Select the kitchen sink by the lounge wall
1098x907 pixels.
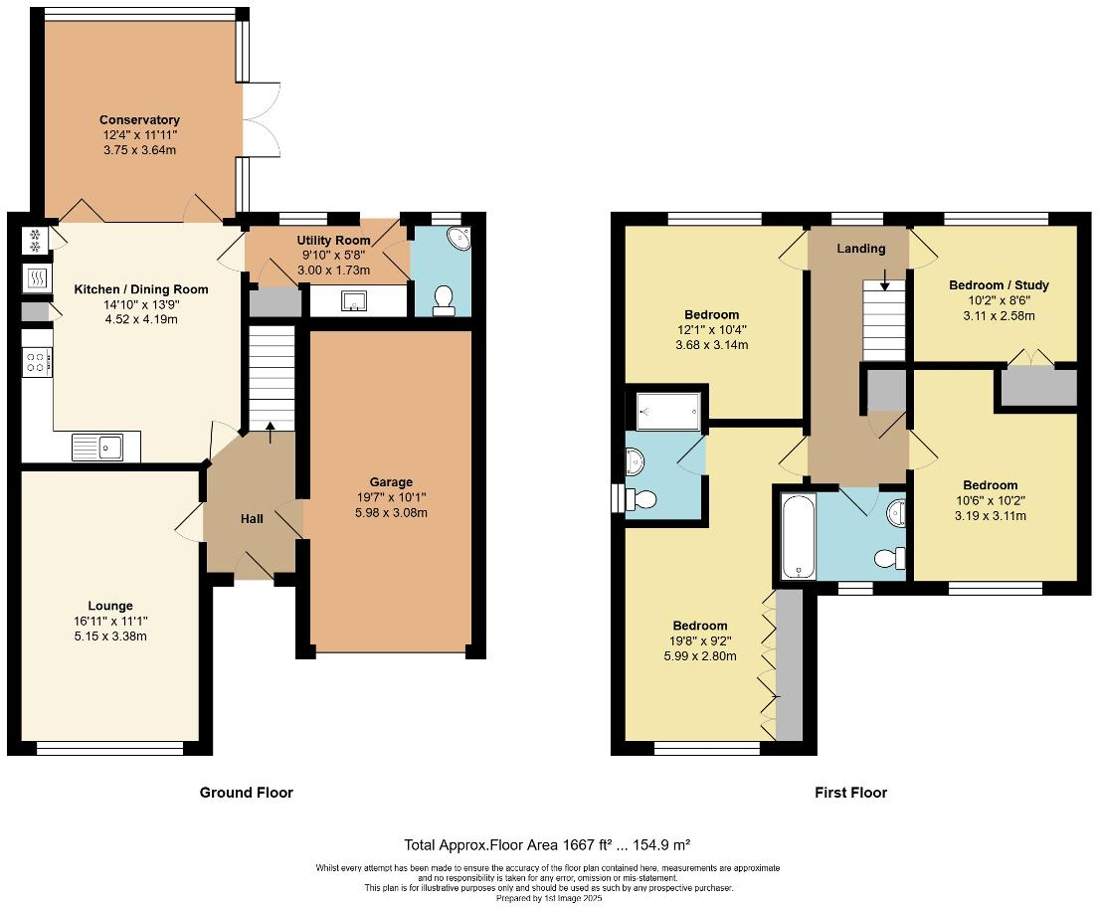(x=96, y=448)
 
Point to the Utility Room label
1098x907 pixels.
(x=333, y=241)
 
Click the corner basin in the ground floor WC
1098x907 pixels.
(x=459, y=238)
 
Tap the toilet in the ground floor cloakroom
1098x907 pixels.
(x=444, y=300)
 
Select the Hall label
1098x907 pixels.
(x=252, y=518)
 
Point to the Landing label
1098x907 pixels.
(x=859, y=248)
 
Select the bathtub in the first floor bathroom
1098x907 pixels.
(x=798, y=536)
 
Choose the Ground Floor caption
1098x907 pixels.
(x=247, y=793)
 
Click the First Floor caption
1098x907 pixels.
(x=850, y=793)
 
